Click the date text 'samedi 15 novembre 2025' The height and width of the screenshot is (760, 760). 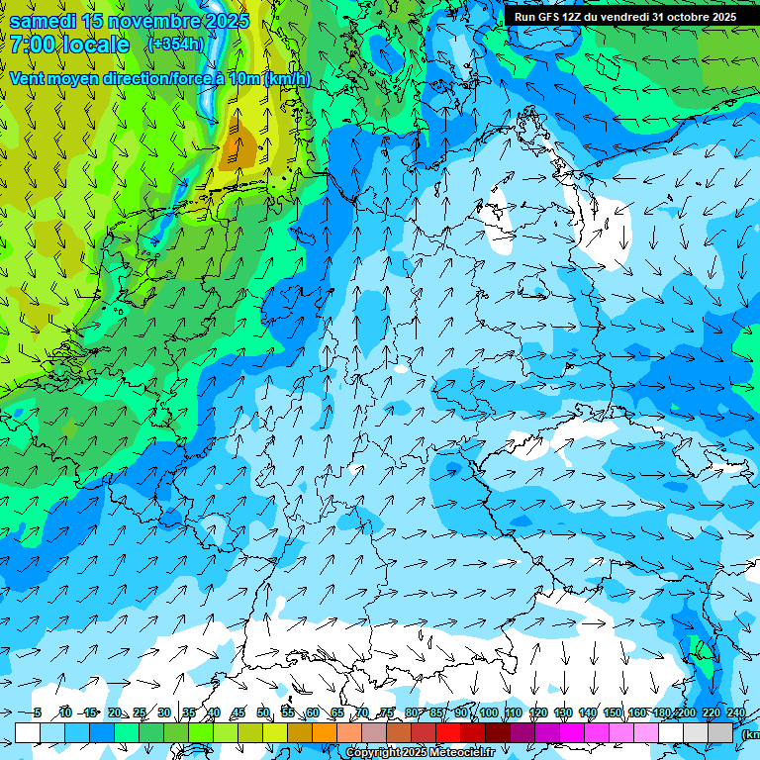tap(129, 21)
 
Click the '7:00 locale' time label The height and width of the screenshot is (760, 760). tap(69, 46)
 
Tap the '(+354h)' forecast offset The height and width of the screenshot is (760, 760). tap(176, 45)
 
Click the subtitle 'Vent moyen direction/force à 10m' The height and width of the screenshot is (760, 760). tap(158, 78)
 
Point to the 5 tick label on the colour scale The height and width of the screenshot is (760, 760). tap(38, 713)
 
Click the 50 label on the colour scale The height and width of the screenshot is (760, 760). tap(263, 713)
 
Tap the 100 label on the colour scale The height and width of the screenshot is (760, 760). tap(489, 713)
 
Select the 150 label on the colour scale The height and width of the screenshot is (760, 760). tap(614, 713)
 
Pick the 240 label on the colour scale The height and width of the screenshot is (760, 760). tap(736, 713)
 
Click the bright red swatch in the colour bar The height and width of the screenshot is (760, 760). tap(448, 732)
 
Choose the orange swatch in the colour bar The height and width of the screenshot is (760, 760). tap(300, 732)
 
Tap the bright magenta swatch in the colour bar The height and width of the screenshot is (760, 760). tap(572, 732)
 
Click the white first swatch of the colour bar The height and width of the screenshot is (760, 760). tap(28, 732)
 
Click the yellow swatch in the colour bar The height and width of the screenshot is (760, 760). tap(250, 732)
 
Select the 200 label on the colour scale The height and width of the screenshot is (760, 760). tap(687, 713)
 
